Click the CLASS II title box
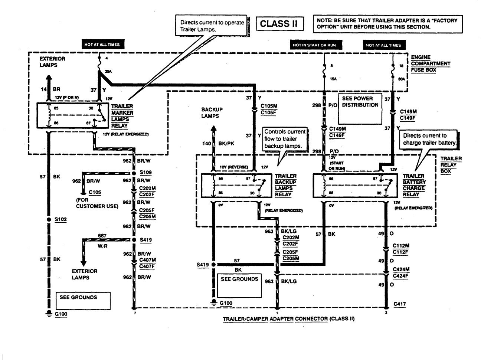pos(279,24)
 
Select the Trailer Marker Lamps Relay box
pos(71,116)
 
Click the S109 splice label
pos(145,173)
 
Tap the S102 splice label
pos(60,219)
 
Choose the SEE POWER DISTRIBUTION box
pos(360,108)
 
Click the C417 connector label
pos(400,304)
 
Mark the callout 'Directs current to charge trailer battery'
pos(429,139)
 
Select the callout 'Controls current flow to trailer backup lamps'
pos(285,139)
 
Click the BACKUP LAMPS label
pos(212,113)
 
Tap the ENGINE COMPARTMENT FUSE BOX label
pos(430,63)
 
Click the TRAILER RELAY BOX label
pos(451,165)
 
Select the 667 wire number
pos(102,236)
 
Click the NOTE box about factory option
pos(388,24)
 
